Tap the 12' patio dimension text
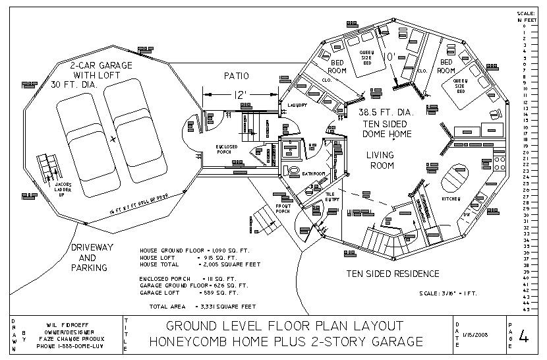click(240, 95)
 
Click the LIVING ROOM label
click(380, 160)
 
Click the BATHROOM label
click(313, 173)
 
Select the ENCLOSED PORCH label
click(231, 148)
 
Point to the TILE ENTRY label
click(331, 196)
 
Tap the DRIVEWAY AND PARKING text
click(88, 258)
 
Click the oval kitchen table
click(451, 177)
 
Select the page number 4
click(524, 337)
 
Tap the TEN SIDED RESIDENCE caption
click(393, 274)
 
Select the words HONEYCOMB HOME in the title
click(218, 342)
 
